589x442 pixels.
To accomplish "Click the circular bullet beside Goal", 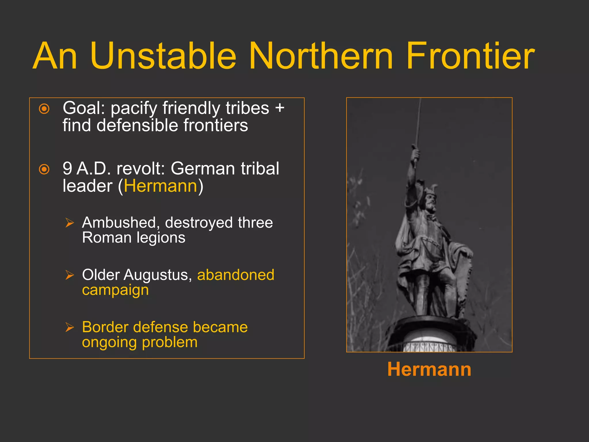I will [x=44, y=109].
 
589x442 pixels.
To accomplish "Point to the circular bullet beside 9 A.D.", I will [x=44, y=169].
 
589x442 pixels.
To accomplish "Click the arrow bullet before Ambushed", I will [x=70, y=223].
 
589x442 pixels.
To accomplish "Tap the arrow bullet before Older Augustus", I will [x=70, y=275].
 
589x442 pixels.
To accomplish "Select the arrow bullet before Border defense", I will [x=70, y=327].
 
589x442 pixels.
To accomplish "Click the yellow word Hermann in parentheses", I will [x=160, y=186].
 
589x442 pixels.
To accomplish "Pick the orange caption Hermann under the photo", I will [x=429, y=369].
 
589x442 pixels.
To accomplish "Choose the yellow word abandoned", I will [x=236, y=275].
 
